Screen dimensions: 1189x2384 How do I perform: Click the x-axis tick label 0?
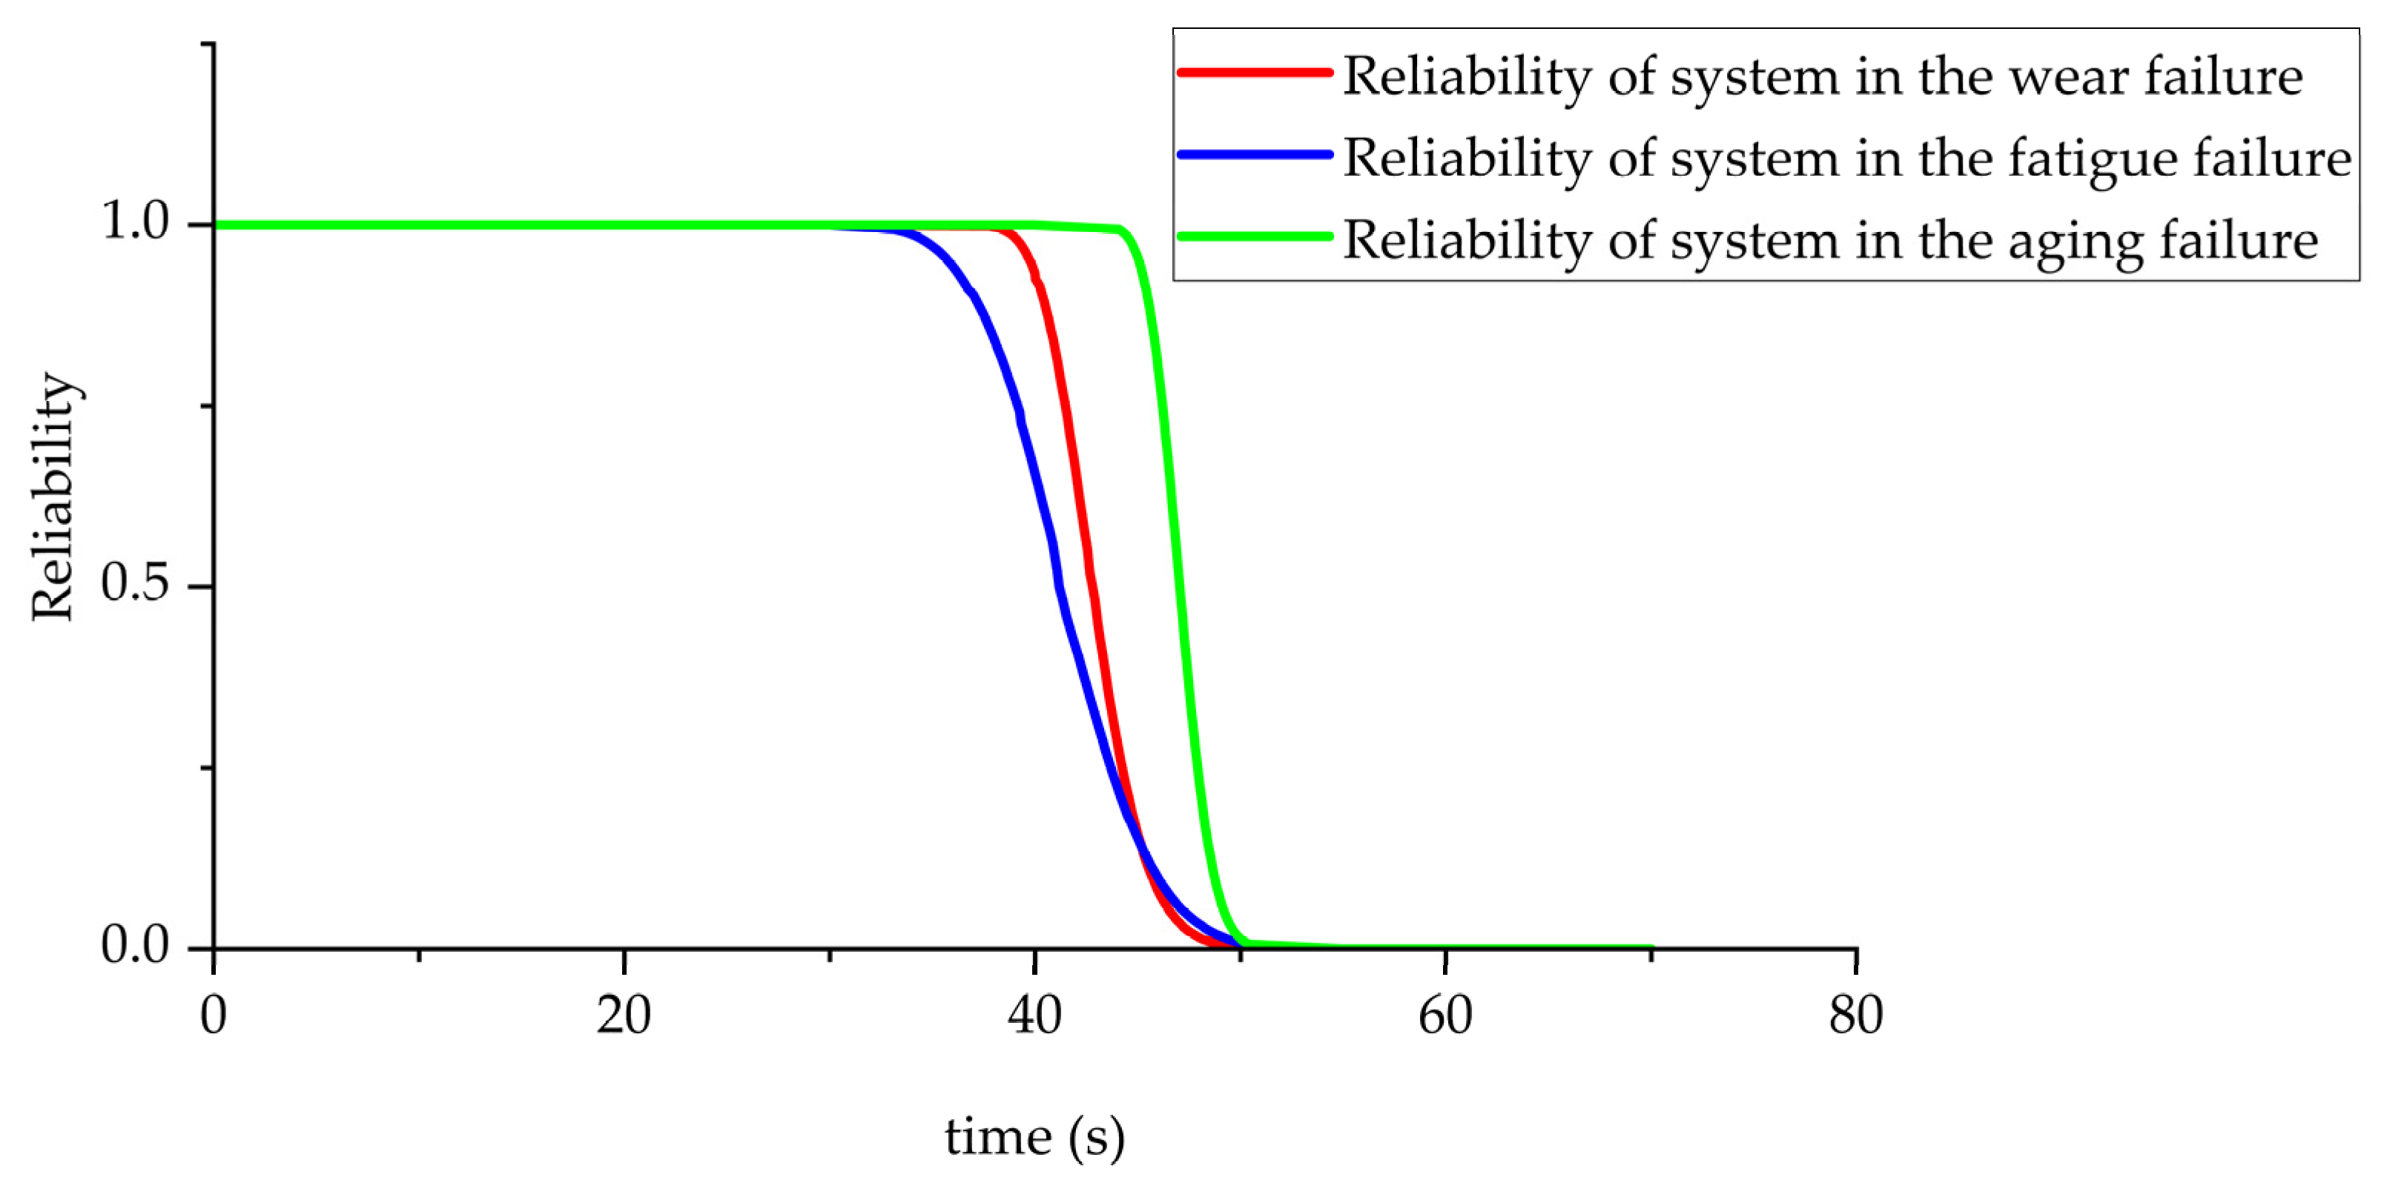(x=214, y=1015)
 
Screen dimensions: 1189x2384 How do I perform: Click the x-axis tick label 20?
(x=623, y=1015)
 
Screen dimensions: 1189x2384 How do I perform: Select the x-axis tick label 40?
(x=1034, y=1015)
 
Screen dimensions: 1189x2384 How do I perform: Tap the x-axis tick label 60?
(x=1444, y=1015)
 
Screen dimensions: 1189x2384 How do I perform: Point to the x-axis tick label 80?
(x=1855, y=1015)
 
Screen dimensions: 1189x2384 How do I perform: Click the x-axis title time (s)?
(x=1034, y=1136)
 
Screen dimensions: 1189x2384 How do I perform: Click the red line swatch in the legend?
(x=1254, y=72)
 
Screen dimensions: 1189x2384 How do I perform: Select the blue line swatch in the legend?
(x=1254, y=154)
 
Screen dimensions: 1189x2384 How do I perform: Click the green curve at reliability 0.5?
(x=1179, y=586)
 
